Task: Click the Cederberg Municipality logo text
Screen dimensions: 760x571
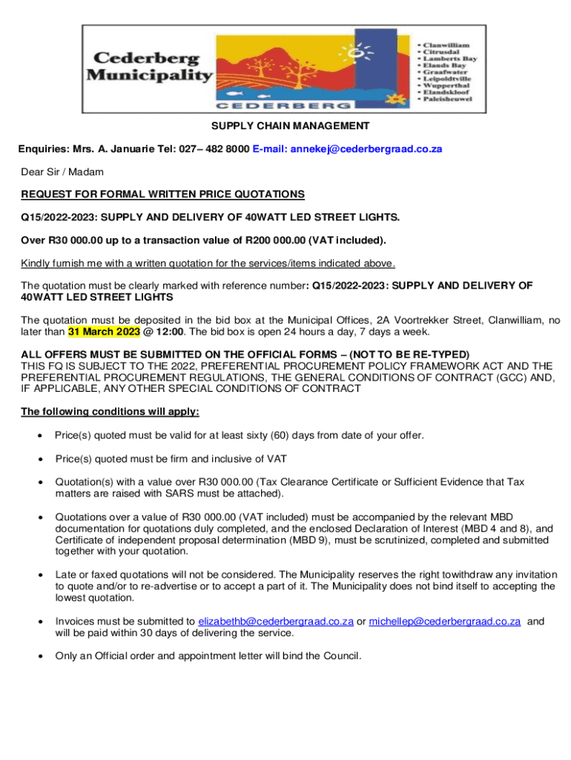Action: tap(148, 66)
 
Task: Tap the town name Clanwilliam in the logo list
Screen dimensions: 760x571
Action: tap(446, 45)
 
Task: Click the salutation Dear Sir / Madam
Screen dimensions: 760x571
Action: tap(62, 171)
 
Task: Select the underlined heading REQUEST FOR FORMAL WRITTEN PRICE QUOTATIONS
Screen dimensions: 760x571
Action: tap(162, 194)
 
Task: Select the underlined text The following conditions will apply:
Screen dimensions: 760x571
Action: tap(110, 411)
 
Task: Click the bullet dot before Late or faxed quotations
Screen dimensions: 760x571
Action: tap(39, 574)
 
